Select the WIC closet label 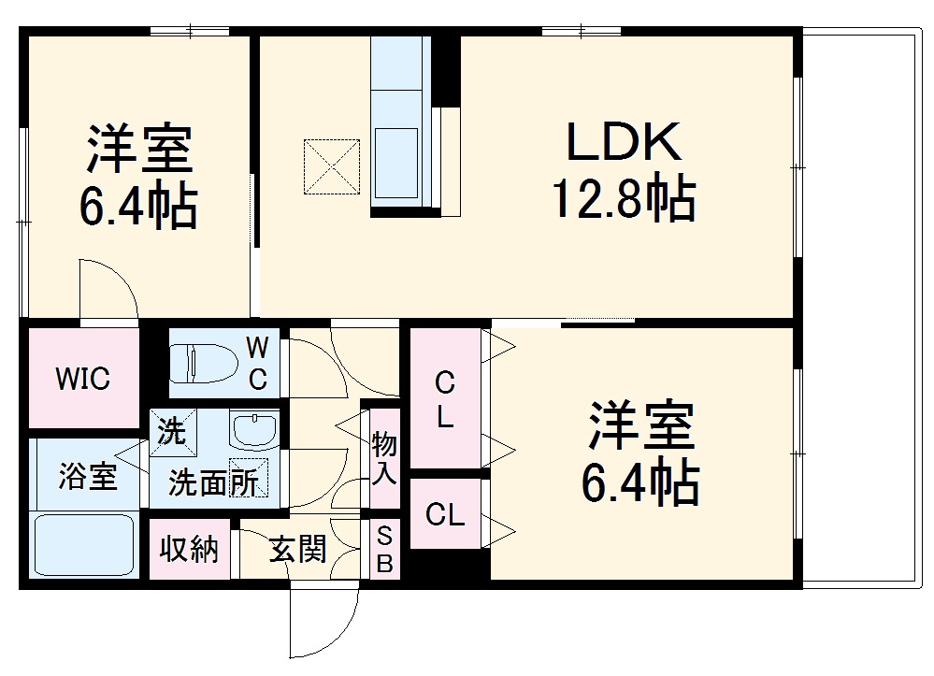coord(82,379)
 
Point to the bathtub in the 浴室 coord(83,546)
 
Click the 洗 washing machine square coord(172,433)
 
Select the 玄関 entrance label coord(298,549)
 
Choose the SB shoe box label coord(385,550)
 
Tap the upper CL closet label coord(445,399)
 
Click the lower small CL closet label coord(445,514)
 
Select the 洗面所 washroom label coord(213,482)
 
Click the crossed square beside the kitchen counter coord(332,167)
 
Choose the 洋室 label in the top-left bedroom coord(140,150)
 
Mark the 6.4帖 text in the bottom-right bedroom coord(640,481)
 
